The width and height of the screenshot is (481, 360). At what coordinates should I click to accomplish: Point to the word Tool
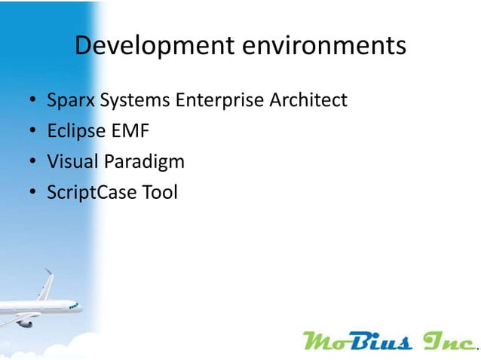(161, 193)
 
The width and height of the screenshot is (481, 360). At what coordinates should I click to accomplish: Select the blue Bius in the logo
(384, 341)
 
